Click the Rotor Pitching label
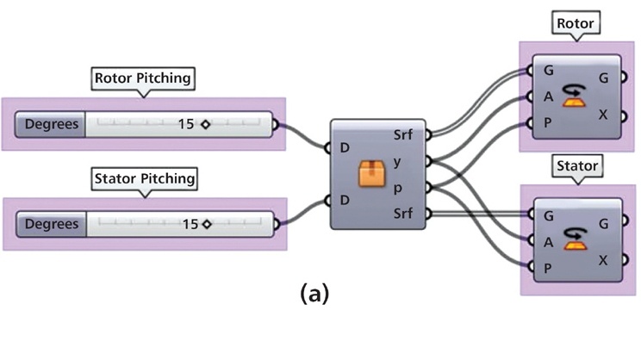[144, 79]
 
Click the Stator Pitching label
[144, 179]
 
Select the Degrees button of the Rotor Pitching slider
[51, 124]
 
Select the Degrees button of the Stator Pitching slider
[51, 224]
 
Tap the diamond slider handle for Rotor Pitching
[206, 124]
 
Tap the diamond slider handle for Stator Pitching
[207, 224]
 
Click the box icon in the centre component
[371, 175]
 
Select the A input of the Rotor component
[547, 96]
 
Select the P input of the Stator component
[547, 268]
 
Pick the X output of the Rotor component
[602, 115]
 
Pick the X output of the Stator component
[602, 259]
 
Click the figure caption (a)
[314, 294]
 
